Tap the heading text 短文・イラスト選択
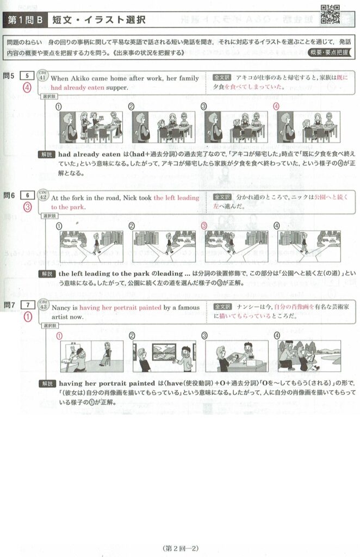tap(99, 20)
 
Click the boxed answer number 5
tap(27, 75)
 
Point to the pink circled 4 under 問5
tap(27, 87)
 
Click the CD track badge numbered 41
tap(42, 76)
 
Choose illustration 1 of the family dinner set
tap(91, 127)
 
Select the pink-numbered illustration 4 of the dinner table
tap(308, 127)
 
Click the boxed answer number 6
tap(27, 195)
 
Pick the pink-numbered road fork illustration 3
tap(237, 246)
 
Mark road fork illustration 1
tap(91, 246)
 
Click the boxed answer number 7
tap(28, 305)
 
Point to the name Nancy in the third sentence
tap(61, 308)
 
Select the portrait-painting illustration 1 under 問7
tap(92, 356)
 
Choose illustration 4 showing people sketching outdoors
tap(309, 356)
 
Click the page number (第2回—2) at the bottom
tap(179, 548)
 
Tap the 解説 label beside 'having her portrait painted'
tap(47, 383)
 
